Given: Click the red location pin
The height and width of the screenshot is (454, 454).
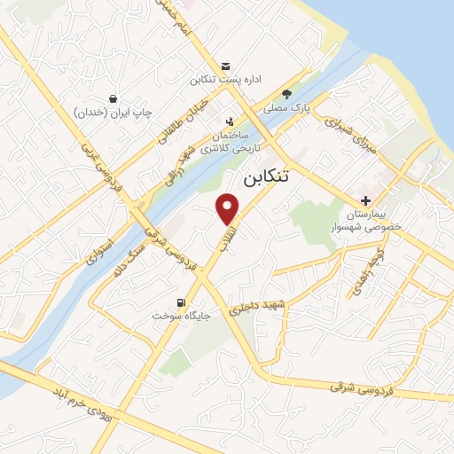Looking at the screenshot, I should (x=229, y=208).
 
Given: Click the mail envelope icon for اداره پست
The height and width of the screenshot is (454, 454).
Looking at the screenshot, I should (x=226, y=67).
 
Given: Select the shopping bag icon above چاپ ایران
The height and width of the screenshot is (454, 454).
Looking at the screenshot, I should (x=113, y=98).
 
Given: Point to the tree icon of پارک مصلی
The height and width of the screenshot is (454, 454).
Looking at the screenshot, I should (x=286, y=94).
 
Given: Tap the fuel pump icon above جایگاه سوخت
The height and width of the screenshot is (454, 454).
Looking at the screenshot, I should (x=183, y=301).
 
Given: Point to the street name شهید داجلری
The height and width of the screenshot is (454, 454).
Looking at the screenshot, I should (x=257, y=308).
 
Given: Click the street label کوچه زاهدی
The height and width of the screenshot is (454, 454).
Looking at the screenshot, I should (x=380, y=257).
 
